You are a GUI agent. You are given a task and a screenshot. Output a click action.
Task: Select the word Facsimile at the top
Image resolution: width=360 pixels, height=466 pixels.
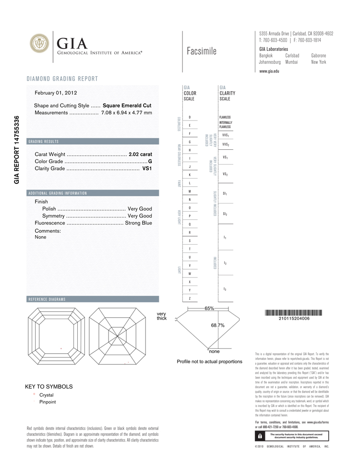[202, 51]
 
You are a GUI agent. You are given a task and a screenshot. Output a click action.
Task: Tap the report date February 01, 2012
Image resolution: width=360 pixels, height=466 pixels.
[56, 93]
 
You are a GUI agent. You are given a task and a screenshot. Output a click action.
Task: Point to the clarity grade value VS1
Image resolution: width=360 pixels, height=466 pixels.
[147, 169]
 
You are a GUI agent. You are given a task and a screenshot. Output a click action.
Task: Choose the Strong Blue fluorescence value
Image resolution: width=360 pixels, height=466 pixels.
[138, 223]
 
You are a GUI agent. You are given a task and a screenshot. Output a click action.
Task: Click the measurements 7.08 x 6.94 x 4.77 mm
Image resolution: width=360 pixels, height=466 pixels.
[127, 113]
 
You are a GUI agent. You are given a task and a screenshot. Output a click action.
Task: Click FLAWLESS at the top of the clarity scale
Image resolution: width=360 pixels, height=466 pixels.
[225, 117]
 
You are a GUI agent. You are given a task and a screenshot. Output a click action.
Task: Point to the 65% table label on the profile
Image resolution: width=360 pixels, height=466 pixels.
[209, 309]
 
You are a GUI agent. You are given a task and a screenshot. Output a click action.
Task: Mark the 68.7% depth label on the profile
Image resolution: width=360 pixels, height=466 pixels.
[218, 325]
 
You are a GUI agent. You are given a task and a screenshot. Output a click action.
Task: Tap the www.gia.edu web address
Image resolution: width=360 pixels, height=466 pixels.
[269, 71]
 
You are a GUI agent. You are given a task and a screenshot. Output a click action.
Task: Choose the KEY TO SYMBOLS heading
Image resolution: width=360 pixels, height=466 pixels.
[49, 386]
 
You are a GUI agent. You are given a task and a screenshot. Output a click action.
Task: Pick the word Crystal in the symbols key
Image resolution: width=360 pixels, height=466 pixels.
[46, 395]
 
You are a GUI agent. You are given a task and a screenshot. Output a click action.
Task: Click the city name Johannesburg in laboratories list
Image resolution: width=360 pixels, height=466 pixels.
[270, 62]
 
